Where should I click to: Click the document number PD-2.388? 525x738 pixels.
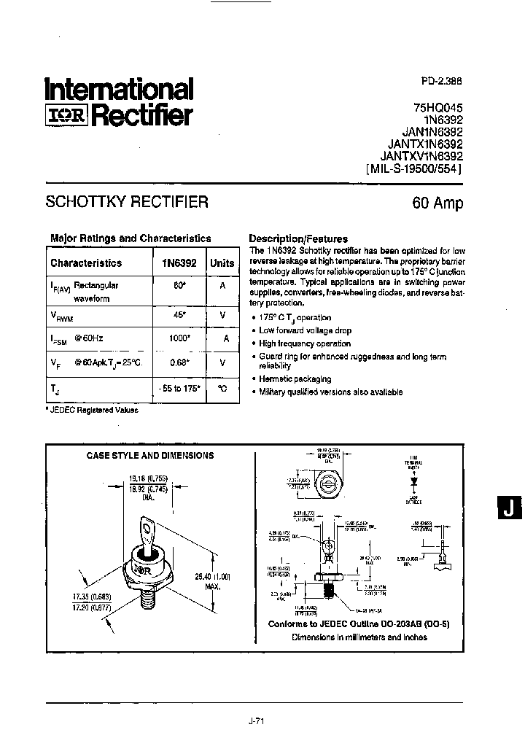coord(441,82)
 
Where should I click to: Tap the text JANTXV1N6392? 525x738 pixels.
coord(421,155)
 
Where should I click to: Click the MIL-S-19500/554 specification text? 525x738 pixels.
coord(413,168)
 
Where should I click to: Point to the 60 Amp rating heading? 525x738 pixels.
coord(437,203)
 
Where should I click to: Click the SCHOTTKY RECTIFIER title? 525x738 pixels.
coord(127,202)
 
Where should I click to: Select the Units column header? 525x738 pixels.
coord(222,263)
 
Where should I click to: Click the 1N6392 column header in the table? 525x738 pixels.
coord(178,263)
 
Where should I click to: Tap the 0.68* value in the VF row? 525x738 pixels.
coord(179,362)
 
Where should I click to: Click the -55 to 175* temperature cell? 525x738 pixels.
coord(179,389)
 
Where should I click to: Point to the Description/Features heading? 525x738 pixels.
coord(298,238)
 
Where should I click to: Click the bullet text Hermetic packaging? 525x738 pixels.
coord(295,378)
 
